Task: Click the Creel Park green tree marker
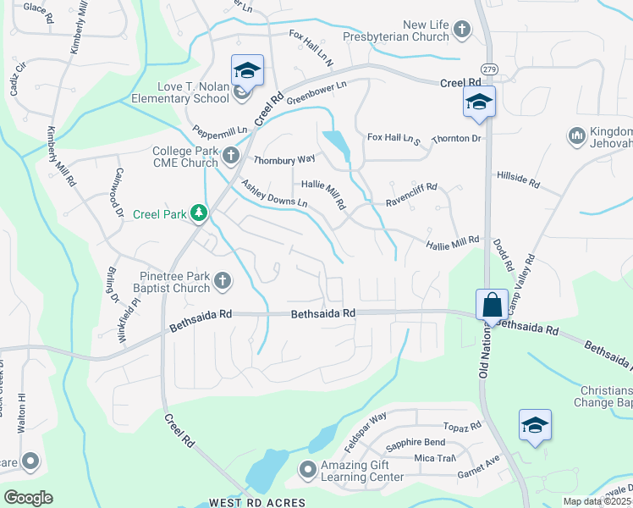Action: [199, 213]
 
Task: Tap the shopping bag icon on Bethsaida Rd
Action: [492, 305]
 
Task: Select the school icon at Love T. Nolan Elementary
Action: [247, 71]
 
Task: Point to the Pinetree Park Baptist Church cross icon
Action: [223, 280]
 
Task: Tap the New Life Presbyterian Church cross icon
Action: [462, 30]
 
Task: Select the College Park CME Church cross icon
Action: [234, 156]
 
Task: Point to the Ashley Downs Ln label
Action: [273, 195]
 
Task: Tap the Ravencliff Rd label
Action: [411, 195]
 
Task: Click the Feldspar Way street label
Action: [366, 430]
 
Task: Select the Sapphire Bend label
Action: [415, 443]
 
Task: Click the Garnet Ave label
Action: [481, 465]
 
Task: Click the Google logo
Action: [28, 498]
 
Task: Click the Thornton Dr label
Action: [456, 138]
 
